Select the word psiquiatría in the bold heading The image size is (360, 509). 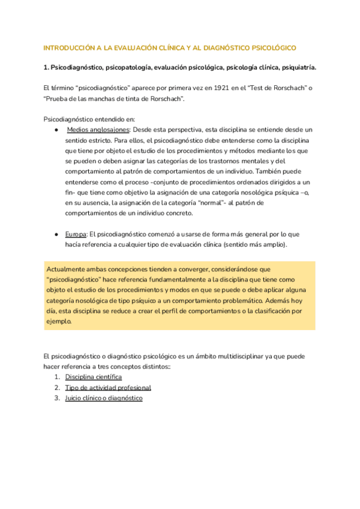click(295, 67)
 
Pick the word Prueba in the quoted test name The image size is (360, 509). click(58, 98)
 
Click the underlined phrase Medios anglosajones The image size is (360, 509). click(98, 129)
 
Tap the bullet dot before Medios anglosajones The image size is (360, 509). click(55, 129)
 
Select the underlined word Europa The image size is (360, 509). click(76, 233)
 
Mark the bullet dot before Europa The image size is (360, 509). click(55, 233)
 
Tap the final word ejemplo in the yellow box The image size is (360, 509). click(58, 321)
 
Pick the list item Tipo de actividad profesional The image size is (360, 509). click(108, 387)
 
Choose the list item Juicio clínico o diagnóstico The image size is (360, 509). click(103, 398)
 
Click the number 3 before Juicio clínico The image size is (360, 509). click(56, 398)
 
